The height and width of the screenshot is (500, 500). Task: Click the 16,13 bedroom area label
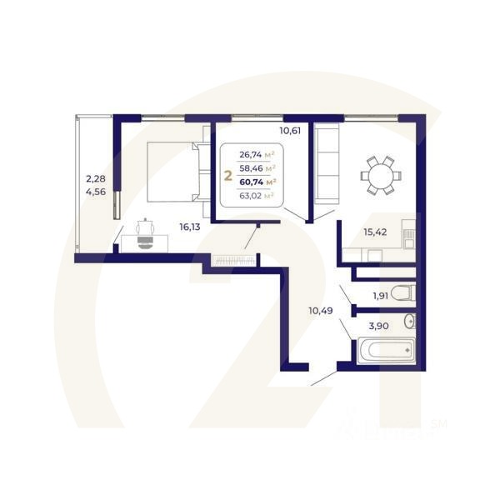191,225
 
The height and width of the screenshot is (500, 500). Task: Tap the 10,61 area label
291,130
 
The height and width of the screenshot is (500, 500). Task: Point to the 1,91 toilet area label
380,295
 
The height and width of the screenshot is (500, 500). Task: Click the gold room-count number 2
227,176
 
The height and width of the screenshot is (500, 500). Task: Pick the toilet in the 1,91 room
402,292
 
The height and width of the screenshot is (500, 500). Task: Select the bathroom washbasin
408,322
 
